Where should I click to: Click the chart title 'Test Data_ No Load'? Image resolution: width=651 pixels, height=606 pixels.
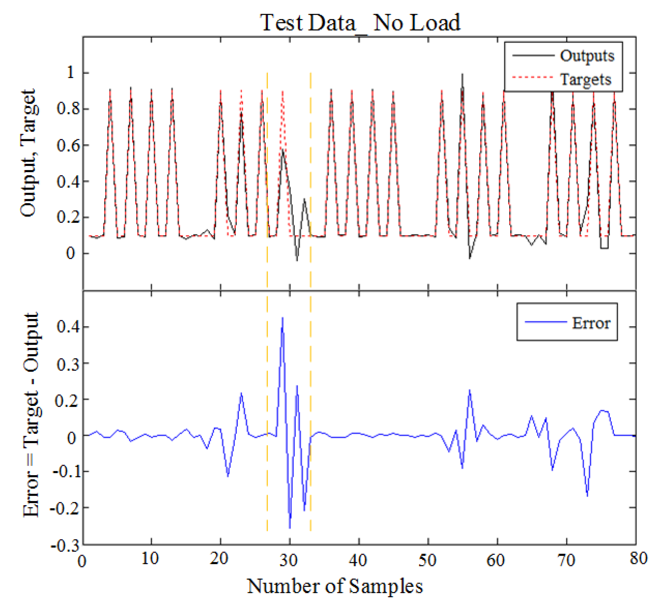click(x=360, y=23)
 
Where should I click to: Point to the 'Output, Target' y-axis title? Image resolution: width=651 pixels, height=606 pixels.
click(x=29, y=153)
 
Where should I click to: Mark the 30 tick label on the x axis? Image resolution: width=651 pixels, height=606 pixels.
click(x=288, y=560)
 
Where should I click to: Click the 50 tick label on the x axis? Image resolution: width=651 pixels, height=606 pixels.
click(x=427, y=560)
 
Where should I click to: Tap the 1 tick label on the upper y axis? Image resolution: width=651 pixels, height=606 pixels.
click(x=71, y=72)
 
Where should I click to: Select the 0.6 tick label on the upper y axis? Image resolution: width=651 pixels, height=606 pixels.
click(x=68, y=145)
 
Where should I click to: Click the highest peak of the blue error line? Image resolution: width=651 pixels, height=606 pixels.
click(x=282, y=318)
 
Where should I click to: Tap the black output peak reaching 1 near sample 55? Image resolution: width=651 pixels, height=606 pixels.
click(x=462, y=74)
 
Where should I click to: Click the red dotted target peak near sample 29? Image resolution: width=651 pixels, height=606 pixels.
click(x=282, y=92)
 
